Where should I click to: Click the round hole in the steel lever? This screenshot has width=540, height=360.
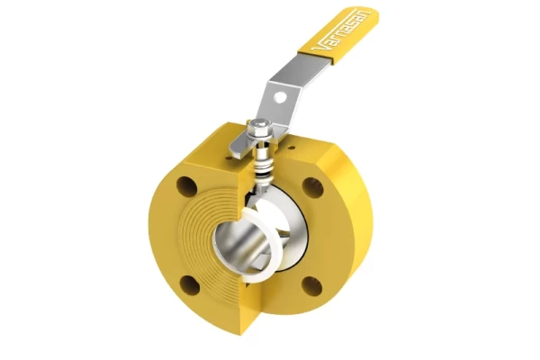coord(279,92)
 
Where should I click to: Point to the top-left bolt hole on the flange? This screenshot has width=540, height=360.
coord(184,188)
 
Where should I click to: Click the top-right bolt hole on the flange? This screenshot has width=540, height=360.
coord(312,187)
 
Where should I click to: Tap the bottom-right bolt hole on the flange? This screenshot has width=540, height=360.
coord(310,285)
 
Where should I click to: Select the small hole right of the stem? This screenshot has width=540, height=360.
coord(291,141)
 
